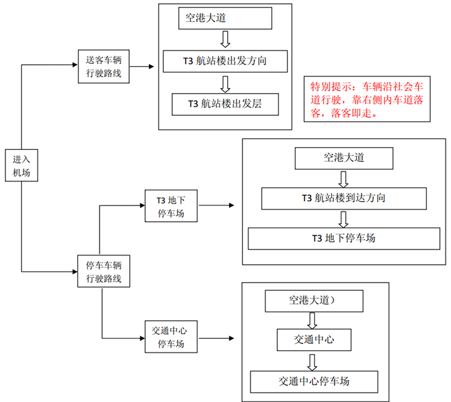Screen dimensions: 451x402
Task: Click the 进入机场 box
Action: pyautogui.click(x=21, y=165)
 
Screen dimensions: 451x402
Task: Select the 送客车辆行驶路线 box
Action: pyautogui.click(x=104, y=67)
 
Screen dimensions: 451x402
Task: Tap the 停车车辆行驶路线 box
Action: pyautogui.click(x=104, y=271)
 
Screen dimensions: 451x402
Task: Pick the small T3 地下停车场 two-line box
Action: pyautogui.click(x=171, y=206)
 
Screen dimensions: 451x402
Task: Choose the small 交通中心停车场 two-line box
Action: pyautogui.click(x=171, y=337)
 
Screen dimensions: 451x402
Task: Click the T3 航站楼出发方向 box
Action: pyautogui.click(x=225, y=61)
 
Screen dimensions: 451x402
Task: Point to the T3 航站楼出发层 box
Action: pyautogui.click(x=225, y=104)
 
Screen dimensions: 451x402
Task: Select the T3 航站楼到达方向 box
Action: pyautogui.click(x=344, y=198)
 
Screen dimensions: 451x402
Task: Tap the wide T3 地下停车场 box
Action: pyautogui.click(x=344, y=238)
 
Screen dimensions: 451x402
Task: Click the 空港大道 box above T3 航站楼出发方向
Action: pyautogui.click(x=225, y=18)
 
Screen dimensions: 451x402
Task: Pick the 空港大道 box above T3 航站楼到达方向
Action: pyautogui.click(x=344, y=158)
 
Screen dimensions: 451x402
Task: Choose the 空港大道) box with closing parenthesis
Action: pyautogui.click(x=314, y=301)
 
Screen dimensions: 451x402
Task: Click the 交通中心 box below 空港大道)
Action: pyautogui.click(x=314, y=340)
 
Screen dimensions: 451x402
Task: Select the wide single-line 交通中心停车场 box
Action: pyautogui.click(x=314, y=382)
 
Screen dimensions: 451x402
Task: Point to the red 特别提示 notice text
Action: pyautogui.click(x=367, y=100)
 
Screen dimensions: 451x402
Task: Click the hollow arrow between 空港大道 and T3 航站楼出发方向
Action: pyautogui.click(x=225, y=39)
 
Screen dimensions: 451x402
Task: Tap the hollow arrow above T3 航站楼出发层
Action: pyautogui.click(x=225, y=84)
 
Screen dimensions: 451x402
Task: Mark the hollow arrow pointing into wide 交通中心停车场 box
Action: pyautogui.click(x=312, y=363)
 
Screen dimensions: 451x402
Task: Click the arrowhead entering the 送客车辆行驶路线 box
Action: pyautogui.click(x=75, y=65)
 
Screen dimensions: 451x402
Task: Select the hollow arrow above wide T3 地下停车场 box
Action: pyautogui.click(x=343, y=219)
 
